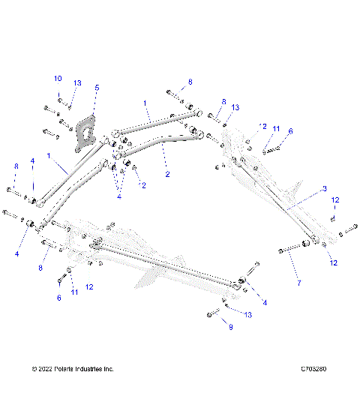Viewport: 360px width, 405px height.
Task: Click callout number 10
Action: pos(58,79)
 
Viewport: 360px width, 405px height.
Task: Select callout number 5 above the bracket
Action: pos(96,88)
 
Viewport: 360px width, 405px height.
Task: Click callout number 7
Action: pos(298,283)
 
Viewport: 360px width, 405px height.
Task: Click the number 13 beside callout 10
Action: pos(77,83)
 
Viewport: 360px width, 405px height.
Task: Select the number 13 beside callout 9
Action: pos(248,315)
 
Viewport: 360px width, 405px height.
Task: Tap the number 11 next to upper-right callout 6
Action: pos(275,130)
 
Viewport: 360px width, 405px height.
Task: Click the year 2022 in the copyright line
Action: pos(47,369)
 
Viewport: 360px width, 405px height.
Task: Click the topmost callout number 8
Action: pos(190,81)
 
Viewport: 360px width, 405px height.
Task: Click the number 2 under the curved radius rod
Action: pos(167,174)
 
